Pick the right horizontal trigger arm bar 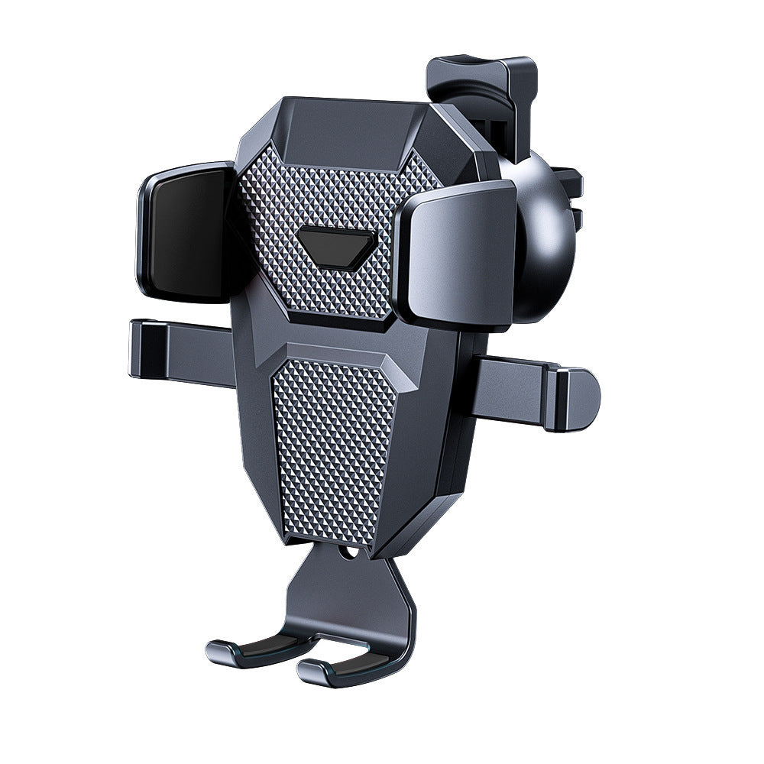point(512,390)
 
